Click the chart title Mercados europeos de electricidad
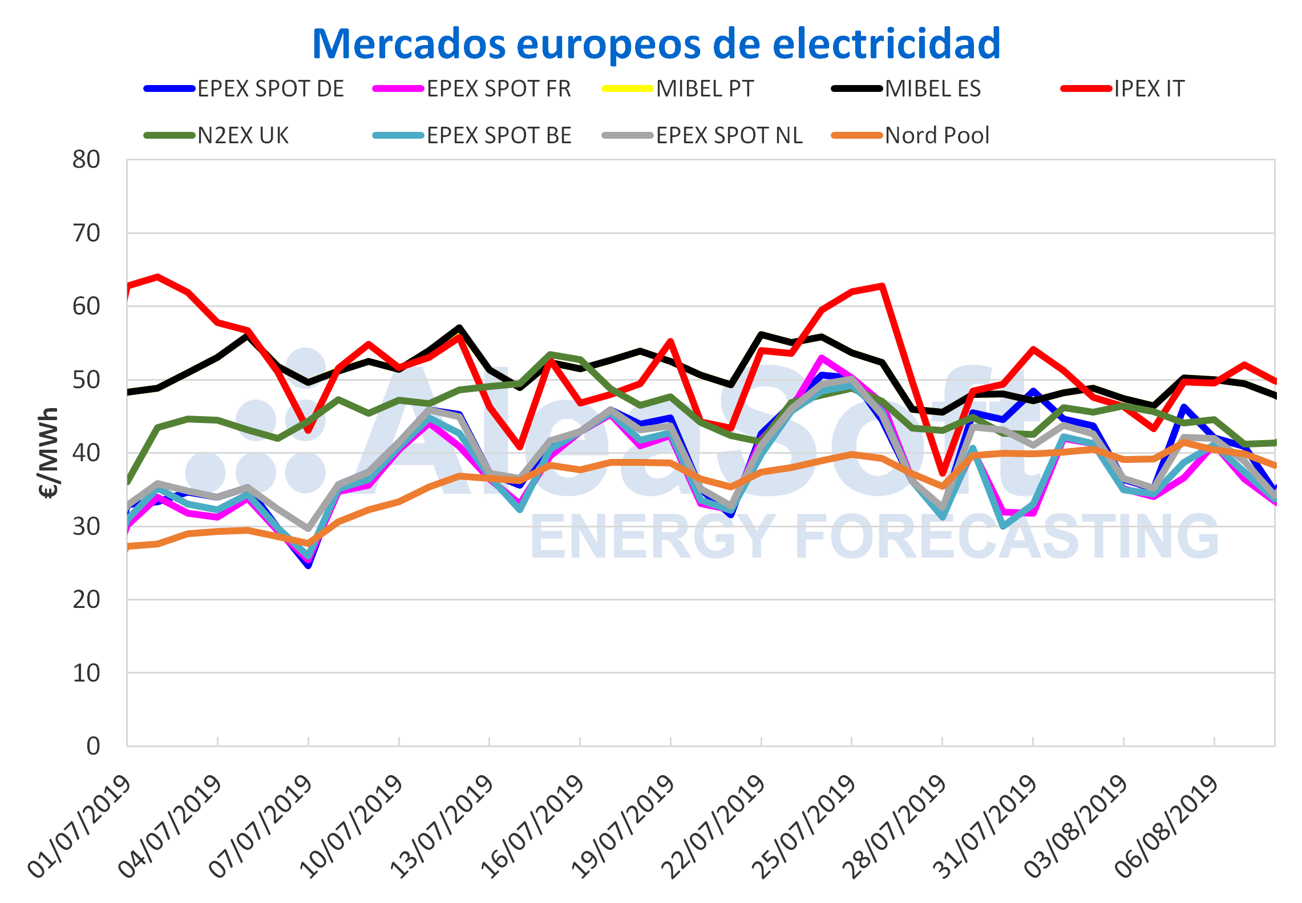[x=656, y=44]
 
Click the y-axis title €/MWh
[x=49, y=453]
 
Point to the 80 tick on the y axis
[x=86, y=160]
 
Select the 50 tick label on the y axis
[x=86, y=380]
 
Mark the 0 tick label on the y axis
[x=93, y=746]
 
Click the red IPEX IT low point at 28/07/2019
[x=943, y=473]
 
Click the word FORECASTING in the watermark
[x=1006, y=536]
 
